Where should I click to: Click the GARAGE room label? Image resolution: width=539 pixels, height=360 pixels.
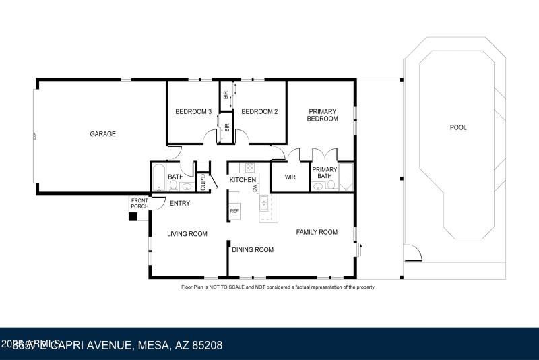pos(103,134)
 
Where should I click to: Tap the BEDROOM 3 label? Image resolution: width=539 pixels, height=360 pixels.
pos(193,112)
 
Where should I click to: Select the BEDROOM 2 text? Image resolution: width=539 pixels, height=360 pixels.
pos(259,112)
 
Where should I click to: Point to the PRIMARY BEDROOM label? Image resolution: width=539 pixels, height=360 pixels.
pos(322,115)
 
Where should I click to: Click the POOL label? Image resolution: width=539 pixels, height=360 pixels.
pos(458,127)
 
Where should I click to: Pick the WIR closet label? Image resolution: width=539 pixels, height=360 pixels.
pos(290,177)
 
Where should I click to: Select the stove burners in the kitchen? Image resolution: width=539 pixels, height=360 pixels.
pos(249,168)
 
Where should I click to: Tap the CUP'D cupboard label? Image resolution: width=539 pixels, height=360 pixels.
pos(203,183)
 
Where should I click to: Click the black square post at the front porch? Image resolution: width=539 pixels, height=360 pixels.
pos(133,217)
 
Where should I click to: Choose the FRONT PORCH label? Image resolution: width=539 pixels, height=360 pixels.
pos(139,203)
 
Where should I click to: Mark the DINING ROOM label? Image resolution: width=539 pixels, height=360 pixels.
pos(253,250)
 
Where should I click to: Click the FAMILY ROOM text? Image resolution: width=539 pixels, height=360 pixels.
pos(317,233)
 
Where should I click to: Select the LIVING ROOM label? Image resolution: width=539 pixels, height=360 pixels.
pos(187,234)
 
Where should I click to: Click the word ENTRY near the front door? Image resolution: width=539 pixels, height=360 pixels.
pos(179,204)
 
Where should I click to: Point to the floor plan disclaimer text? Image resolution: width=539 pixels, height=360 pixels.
pos(278,287)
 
